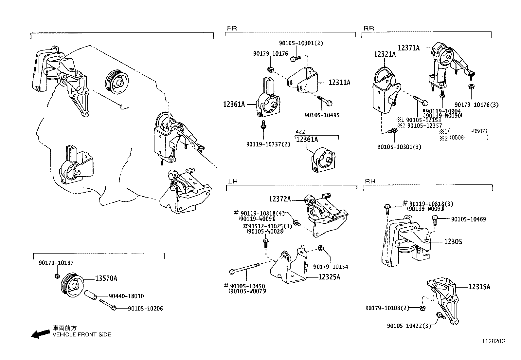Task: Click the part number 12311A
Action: point(339,83)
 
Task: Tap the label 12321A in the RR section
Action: point(385,54)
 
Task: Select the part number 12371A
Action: point(408,48)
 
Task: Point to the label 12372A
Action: point(280,199)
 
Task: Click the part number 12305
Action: point(453,242)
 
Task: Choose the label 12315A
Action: point(479,287)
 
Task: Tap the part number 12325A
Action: point(329,277)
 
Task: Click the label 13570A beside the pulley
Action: point(106,278)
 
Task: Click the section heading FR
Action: point(231,28)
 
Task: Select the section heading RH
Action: point(370,181)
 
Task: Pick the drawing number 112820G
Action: point(494,341)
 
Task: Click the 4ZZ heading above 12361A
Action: point(300,132)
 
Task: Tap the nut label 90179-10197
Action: point(56,263)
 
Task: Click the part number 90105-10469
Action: point(468,219)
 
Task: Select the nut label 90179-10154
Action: point(331,267)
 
